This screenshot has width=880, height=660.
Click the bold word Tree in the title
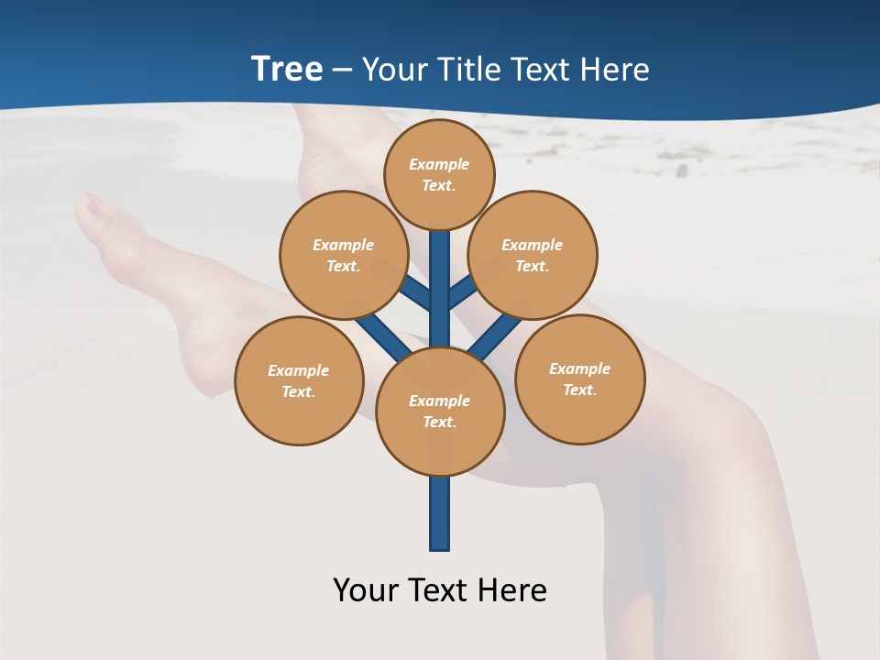(x=287, y=70)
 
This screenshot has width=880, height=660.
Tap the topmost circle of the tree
(x=439, y=174)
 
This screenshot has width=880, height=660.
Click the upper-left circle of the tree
(x=343, y=255)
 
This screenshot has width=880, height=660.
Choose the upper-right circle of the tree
(x=533, y=255)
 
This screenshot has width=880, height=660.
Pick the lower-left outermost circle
(x=299, y=380)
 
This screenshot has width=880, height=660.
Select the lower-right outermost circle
(x=580, y=379)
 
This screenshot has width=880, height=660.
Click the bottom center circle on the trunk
(x=440, y=411)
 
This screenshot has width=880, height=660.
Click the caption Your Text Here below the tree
(x=440, y=590)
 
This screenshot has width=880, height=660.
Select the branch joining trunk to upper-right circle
(x=463, y=292)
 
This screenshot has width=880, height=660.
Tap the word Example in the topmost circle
(x=439, y=164)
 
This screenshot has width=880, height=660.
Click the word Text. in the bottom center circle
(x=439, y=422)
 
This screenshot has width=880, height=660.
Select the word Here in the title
(x=619, y=70)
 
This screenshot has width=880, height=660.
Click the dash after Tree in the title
(x=342, y=71)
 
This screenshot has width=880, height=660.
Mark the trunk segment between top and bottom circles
(x=440, y=289)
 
